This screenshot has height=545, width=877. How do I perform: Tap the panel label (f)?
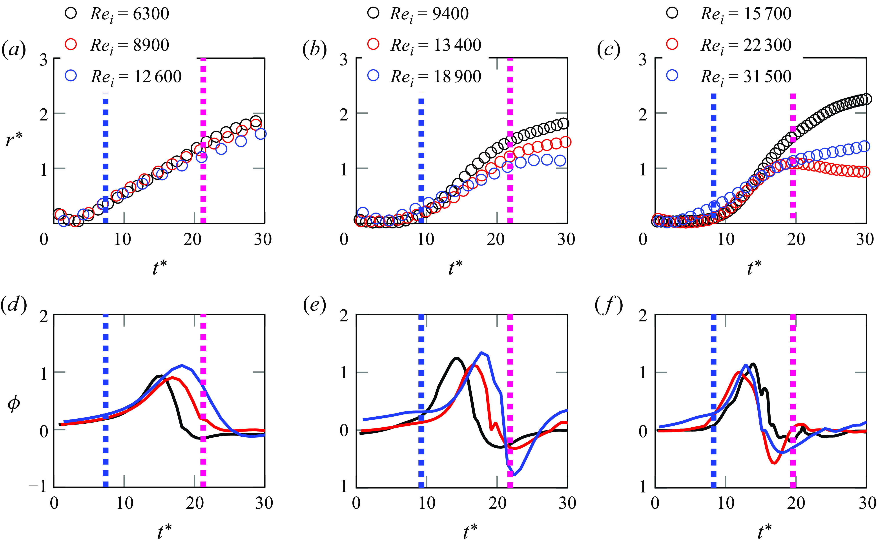tap(609, 306)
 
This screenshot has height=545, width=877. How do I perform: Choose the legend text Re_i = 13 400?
tap(436, 46)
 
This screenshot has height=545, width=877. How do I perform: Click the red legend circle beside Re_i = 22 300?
tap(672, 44)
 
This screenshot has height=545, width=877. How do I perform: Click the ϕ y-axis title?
tap(14, 403)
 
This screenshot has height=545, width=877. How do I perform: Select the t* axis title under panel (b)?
tap(455, 267)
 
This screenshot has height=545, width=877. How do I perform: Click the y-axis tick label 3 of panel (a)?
tap(44, 60)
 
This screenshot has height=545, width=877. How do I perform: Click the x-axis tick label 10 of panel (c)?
tap(726, 239)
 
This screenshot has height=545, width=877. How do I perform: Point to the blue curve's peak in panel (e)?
tap(481, 352)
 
